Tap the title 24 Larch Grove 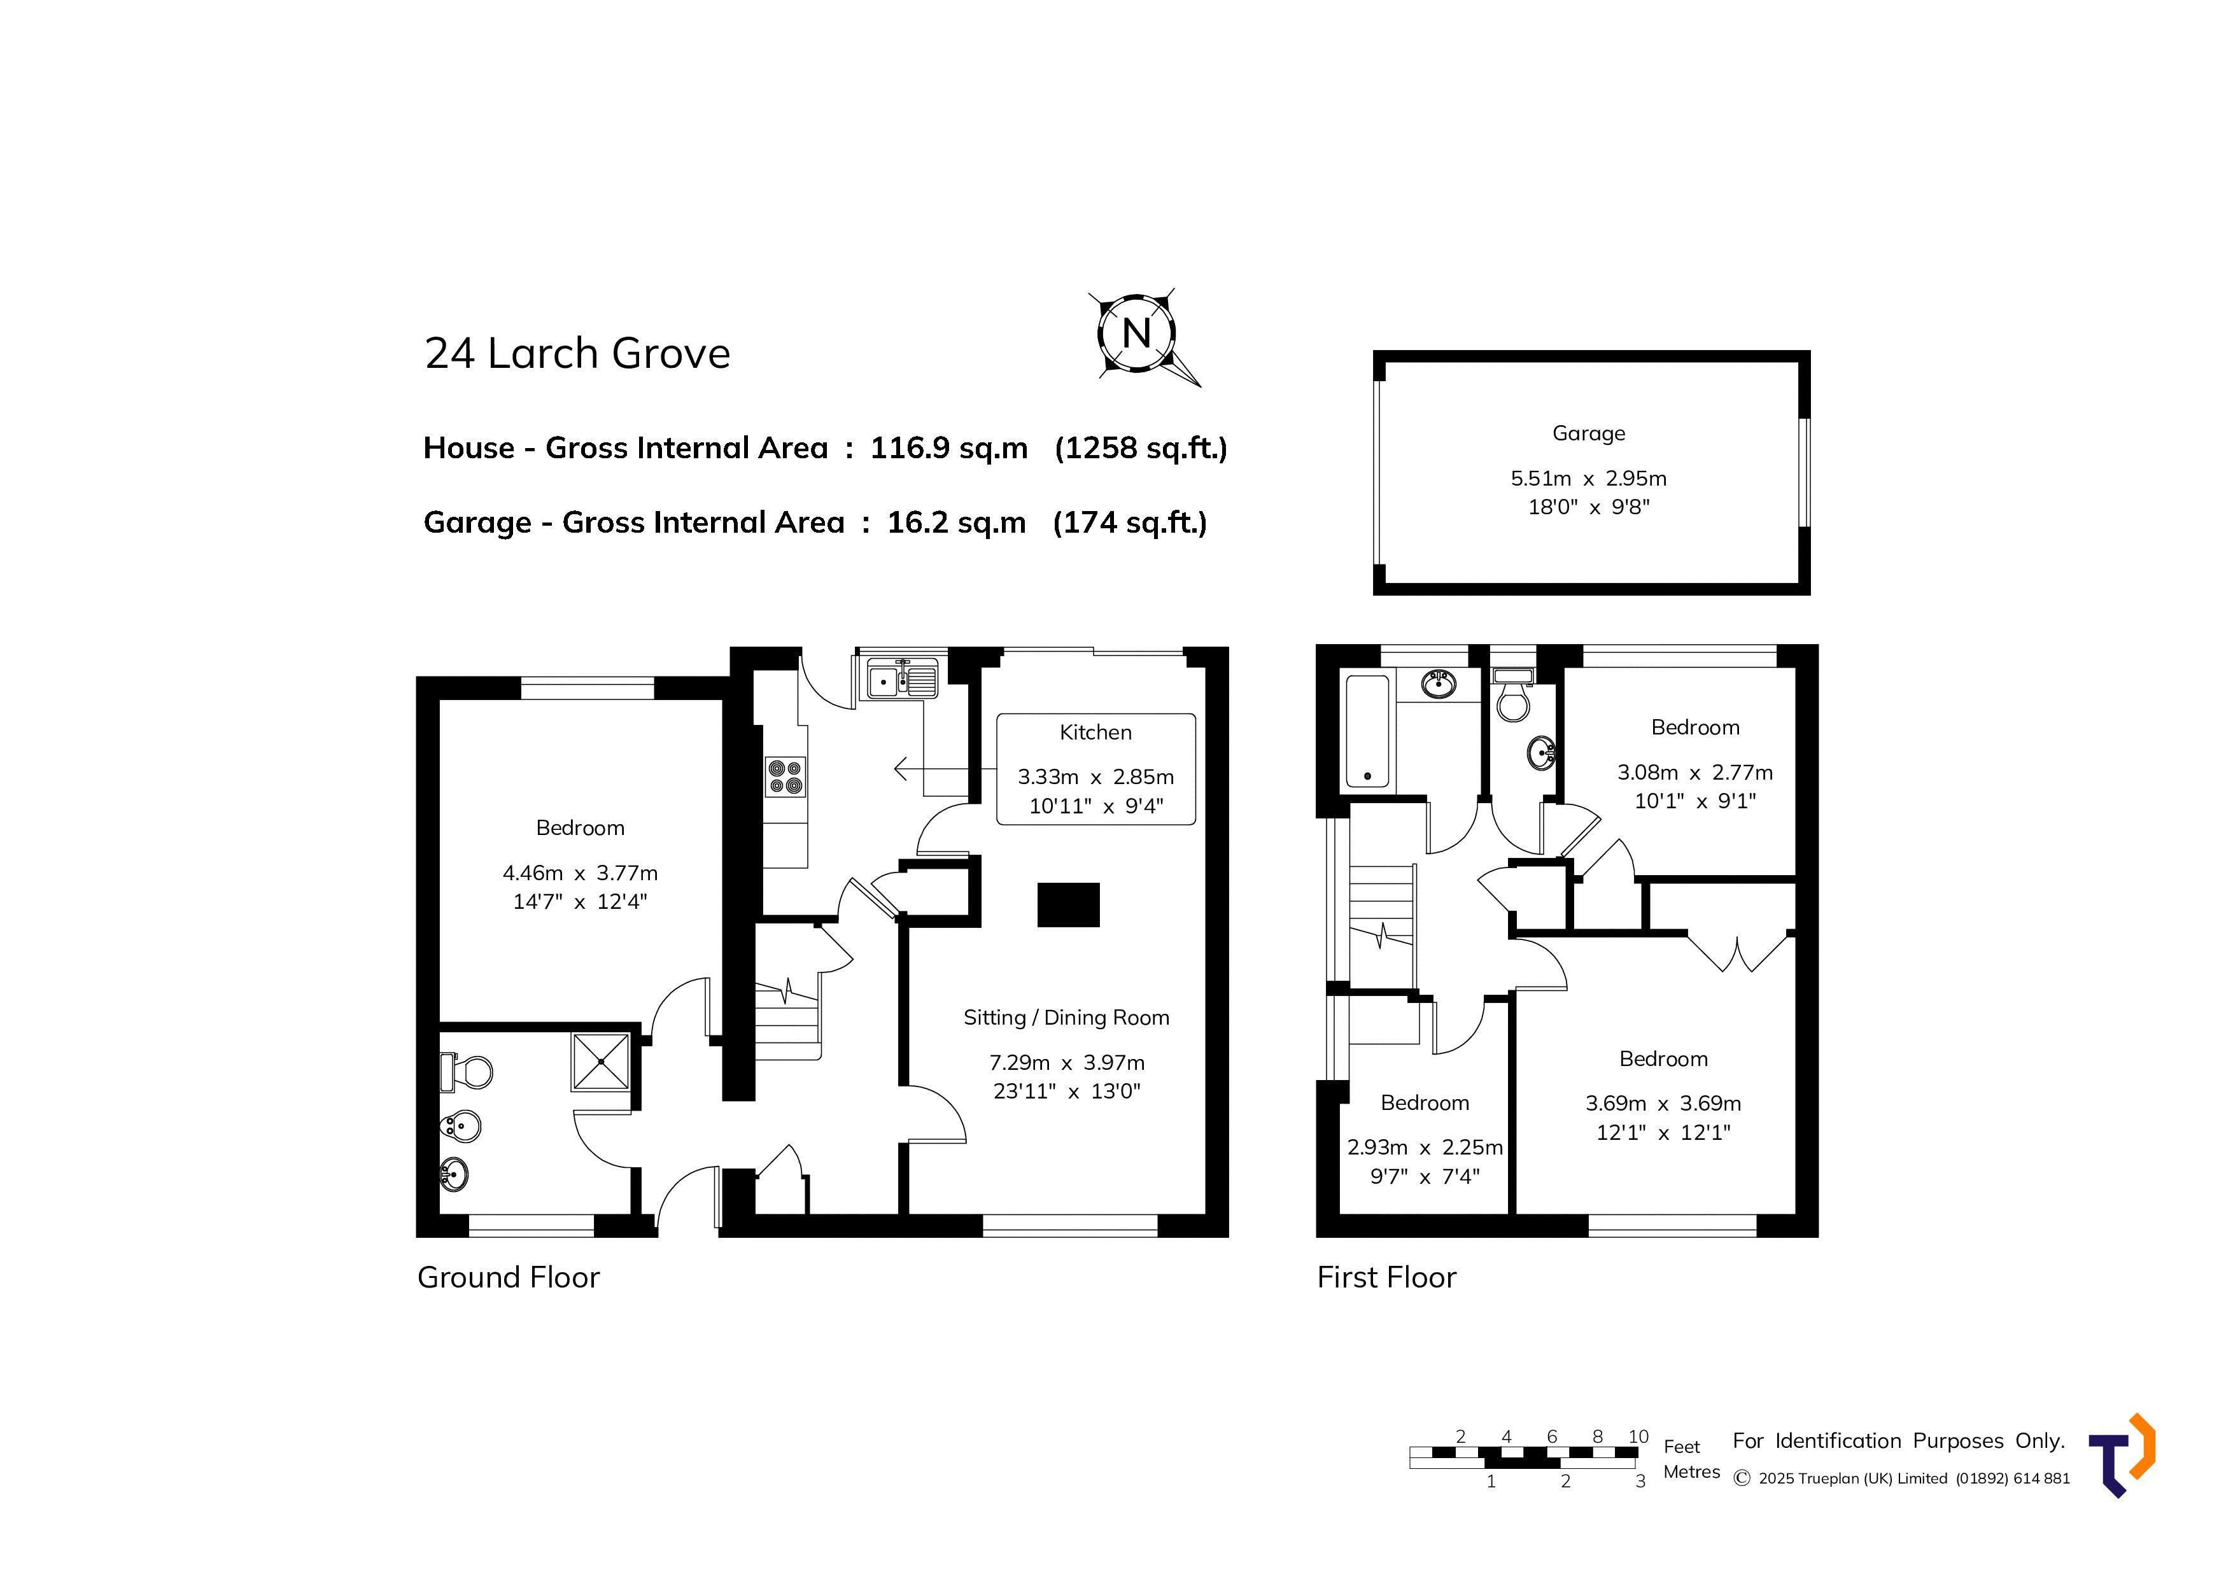pyautogui.click(x=577, y=353)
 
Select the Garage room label pyautogui.click(x=1588, y=433)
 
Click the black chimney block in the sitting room pyautogui.click(x=1069, y=905)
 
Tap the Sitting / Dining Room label pyautogui.click(x=1066, y=1018)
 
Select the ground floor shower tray pyautogui.click(x=601, y=1062)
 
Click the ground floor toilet pyautogui.click(x=466, y=1072)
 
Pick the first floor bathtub pyautogui.click(x=1367, y=732)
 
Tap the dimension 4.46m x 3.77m pyautogui.click(x=580, y=873)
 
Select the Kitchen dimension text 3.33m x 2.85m pyautogui.click(x=1095, y=778)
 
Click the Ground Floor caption pyautogui.click(x=509, y=1277)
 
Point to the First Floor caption pyautogui.click(x=1387, y=1277)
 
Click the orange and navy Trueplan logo pyautogui.click(x=2122, y=1456)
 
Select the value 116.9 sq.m pyautogui.click(x=948, y=448)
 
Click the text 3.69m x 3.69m pyautogui.click(x=1663, y=1104)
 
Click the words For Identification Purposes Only pyautogui.click(x=1898, y=1441)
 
